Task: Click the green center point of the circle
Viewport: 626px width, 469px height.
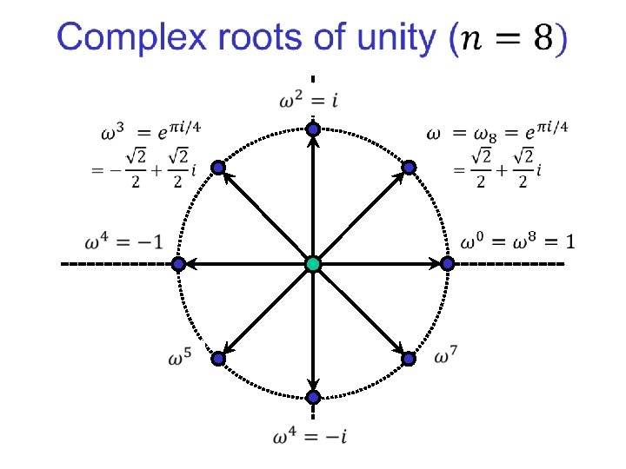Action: (313, 263)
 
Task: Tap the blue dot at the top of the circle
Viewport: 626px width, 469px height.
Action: (313, 129)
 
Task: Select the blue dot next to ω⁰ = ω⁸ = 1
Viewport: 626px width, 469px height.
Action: (447, 263)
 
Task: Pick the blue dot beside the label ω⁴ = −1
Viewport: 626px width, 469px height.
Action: (178, 263)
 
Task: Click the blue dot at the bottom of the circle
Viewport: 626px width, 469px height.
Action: (313, 397)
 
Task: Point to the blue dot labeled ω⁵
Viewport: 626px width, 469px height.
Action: (218, 358)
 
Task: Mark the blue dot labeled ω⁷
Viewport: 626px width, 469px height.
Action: (408, 358)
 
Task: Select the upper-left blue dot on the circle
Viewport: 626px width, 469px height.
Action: (218, 168)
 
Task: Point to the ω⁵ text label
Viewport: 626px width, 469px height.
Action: (181, 357)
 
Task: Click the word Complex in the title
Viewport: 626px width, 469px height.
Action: (123, 38)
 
